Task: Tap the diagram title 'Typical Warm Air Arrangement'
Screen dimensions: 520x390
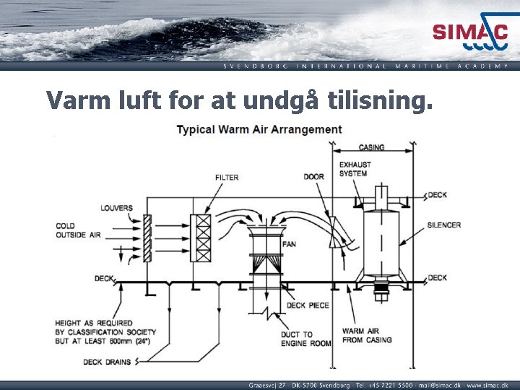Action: point(260,130)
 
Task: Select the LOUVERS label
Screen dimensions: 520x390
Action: point(116,208)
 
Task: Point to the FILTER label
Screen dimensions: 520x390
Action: point(226,178)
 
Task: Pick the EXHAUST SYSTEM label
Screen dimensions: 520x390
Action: point(355,169)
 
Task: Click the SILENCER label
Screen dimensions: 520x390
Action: point(443,225)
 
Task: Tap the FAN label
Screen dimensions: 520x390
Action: point(289,244)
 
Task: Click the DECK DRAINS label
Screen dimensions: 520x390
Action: point(103,362)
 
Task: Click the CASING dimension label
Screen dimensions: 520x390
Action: point(372,147)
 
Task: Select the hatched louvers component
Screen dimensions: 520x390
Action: point(147,238)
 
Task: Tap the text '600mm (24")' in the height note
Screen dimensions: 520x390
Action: point(131,341)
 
